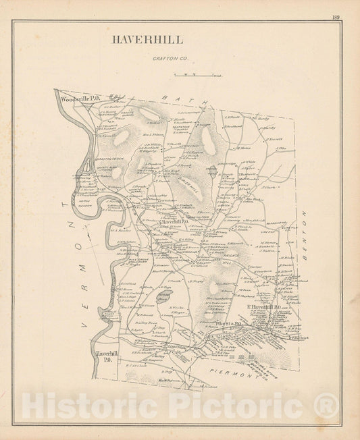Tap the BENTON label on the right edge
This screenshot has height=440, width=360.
click(304, 230)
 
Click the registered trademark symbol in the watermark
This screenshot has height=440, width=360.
click(328, 406)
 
